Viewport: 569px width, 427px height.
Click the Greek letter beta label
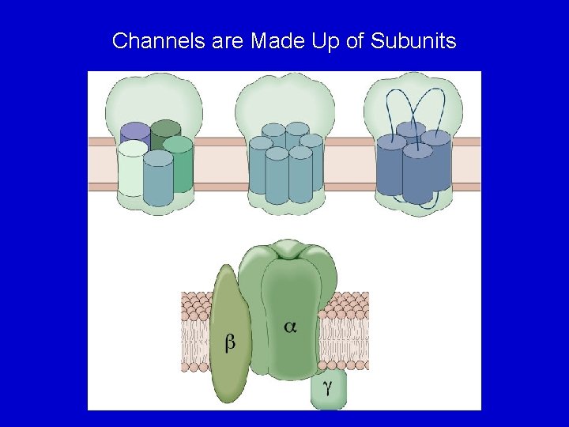pyautogui.click(x=230, y=342)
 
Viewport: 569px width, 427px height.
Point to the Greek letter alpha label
pyautogui.click(x=290, y=326)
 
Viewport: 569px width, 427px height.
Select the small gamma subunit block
pyautogui.click(x=328, y=392)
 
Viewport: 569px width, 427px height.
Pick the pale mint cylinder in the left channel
pyautogui.click(x=131, y=170)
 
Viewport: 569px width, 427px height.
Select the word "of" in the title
pyautogui.click(x=357, y=41)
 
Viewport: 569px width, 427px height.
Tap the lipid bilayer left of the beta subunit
pyautogui.click(x=198, y=332)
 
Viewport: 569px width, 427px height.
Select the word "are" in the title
pyautogui.click(x=228, y=41)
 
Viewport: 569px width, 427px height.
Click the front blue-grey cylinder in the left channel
pyautogui.click(x=158, y=180)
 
